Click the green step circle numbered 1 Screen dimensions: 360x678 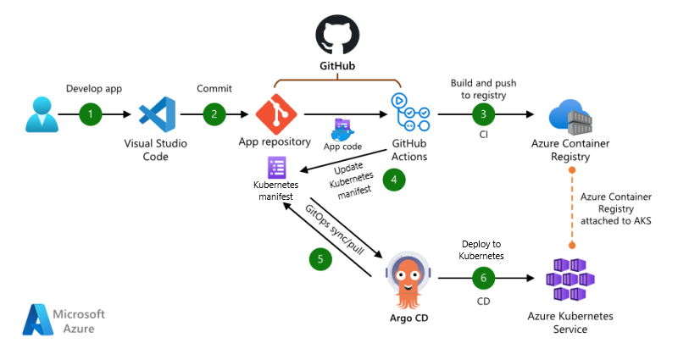(91, 114)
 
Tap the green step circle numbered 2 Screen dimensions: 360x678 (215, 114)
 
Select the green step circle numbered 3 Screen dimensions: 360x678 (483, 114)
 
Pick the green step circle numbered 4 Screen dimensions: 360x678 (392, 180)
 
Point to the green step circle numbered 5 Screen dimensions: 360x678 (320, 259)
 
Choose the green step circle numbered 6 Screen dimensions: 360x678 (483, 277)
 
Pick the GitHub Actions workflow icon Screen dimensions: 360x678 (408, 113)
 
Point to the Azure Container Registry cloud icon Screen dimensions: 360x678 (568, 117)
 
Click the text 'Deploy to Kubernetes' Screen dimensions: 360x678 (483, 248)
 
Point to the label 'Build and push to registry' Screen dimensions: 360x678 (483, 90)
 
